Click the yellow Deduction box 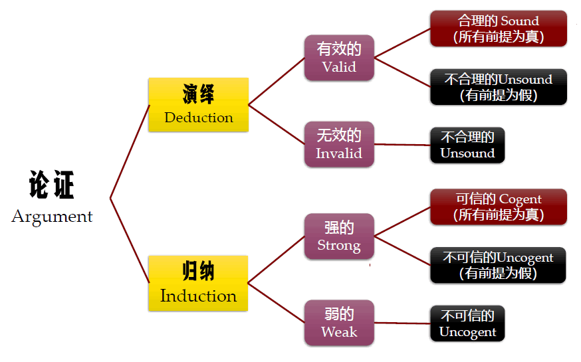[x=199, y=105]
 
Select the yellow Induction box [x=198, y=283]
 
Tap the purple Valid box [x=339, y=58]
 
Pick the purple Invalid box [x=339, y=144]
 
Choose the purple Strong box [x=339, y=236]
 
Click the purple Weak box [x=339, y=323]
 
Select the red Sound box [x=499, y=29]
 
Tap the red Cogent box [x=499, y=207]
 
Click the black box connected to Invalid [x=467, y=145]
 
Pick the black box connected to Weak [x=467, y=323]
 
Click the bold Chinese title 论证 [x=51, y=185]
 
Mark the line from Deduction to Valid [x=277, y=82]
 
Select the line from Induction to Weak [x=276, y=303]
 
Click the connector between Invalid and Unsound [x=402, y=145]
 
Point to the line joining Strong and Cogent [x=402, y=221]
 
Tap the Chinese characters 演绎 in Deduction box [x=198, y=94]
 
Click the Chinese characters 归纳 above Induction [x=198, y=271]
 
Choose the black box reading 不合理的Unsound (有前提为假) [x=499, y=87]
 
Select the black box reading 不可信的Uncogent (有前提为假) [x=498, y=266]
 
